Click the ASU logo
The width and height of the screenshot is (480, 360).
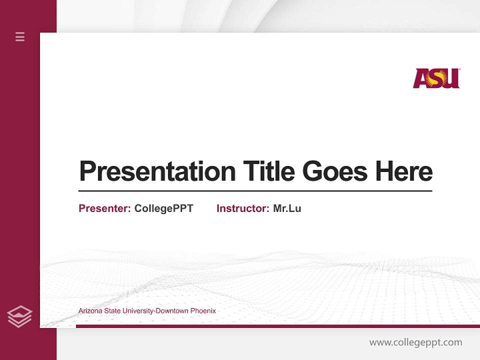point(436,78)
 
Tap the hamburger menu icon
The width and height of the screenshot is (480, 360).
point(20,36)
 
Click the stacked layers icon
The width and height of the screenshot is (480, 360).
point(19,316)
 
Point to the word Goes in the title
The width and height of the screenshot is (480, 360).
point(335,171)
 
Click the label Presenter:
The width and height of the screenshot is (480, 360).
point(104,208)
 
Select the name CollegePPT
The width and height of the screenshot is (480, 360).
point(163,208)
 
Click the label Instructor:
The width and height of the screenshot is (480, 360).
point(242,208)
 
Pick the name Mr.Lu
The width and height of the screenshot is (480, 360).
point(287,208)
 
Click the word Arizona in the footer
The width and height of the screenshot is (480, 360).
point(89,311)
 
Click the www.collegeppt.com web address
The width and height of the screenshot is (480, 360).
point(415,342)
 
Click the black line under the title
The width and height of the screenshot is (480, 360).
point(255,190)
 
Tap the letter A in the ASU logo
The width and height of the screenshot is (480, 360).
point(421,79)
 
